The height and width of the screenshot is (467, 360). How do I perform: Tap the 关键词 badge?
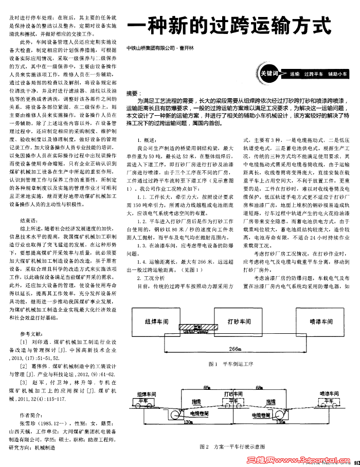pos(269,74)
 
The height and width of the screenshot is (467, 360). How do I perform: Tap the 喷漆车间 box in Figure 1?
pos(322,321)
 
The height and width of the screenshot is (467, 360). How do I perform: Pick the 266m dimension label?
pos(236,349)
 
